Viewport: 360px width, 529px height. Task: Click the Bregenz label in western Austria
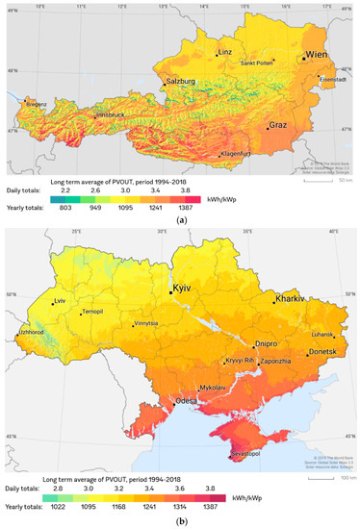[x=36, y=103]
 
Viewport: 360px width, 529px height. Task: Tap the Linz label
[x=225, y=52]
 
